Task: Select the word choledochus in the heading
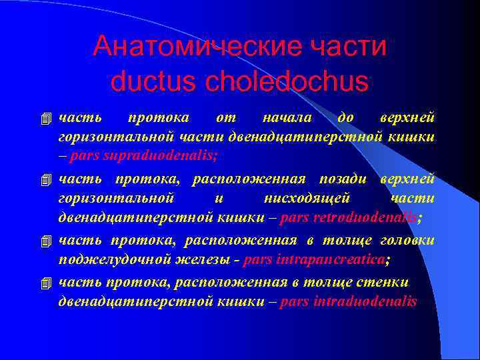287,81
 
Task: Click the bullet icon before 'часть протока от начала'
45,119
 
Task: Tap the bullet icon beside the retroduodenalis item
45,180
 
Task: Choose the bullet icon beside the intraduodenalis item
45,284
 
